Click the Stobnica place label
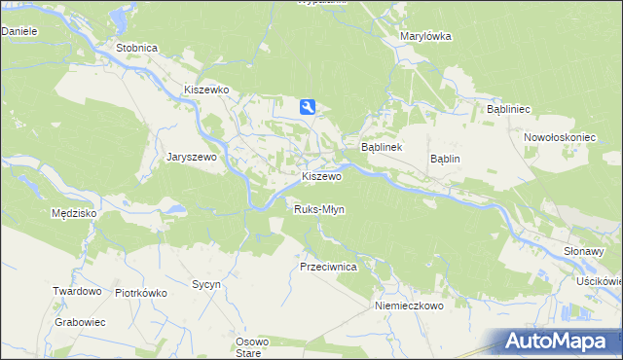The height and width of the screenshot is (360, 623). pos(135,47)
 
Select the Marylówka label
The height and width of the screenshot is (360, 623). pos(425,36)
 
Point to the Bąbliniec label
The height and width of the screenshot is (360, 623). pos(507,110)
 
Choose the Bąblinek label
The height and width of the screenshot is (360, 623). pos(382,147)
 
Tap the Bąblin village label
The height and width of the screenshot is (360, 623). pos(445,159)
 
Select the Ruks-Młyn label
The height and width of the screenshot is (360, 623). pos(319,209)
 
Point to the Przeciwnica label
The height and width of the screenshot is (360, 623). pos(329,266)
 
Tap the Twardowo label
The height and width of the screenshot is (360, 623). pos(78,291)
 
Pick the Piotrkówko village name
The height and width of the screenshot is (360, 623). pos(141,292)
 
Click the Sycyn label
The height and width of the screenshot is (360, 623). pos(206,284)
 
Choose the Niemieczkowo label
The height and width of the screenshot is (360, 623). pos(409,306)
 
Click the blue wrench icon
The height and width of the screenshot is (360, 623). pos(307,107)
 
